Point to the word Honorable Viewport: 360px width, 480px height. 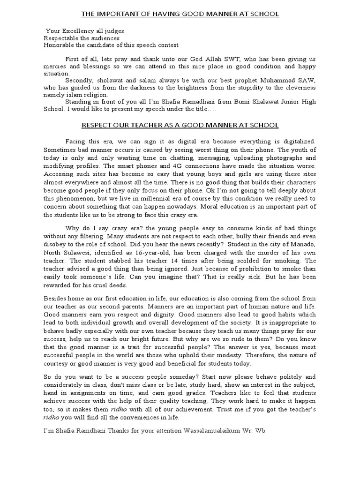click(59, 45)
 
